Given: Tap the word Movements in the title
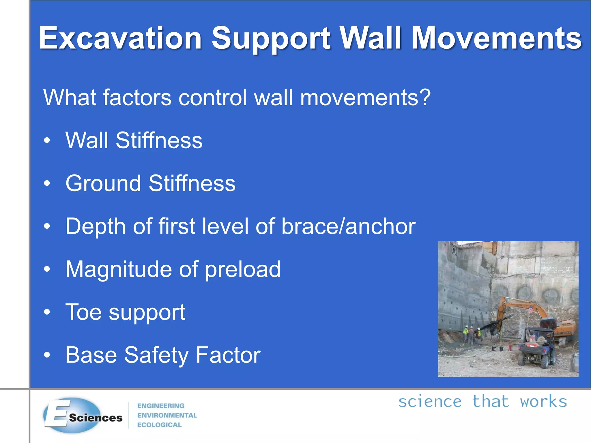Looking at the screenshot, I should pos(496,38).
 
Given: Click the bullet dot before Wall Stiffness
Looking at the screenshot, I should pos(47,140).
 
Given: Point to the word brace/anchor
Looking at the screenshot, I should pos(348,226).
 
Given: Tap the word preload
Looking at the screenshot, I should pos(242,269).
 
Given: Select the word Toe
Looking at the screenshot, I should pos(83,312).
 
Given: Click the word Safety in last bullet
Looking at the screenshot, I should pos(156,355).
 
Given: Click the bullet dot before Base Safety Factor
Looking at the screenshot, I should pos(47,355).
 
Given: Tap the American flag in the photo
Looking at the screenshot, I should pos(530,309).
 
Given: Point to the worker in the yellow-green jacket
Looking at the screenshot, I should pos(465,333).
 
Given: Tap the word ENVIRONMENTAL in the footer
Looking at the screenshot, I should pos(167,415).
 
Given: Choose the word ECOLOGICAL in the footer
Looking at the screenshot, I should pos(159,425).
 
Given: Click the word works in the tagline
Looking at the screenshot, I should pos(543,401).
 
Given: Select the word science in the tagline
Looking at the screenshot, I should pos(430,401).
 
